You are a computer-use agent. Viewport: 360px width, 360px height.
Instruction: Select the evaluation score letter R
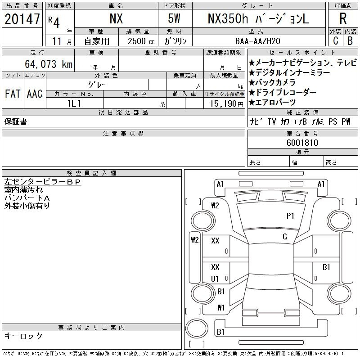(342, 19)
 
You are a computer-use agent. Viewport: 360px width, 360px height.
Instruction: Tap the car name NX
(116, 19)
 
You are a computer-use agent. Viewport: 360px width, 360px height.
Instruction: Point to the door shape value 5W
(175, 19)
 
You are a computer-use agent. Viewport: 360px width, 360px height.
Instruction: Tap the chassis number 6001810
(302, 143)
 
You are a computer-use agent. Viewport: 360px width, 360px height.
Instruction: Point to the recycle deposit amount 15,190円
(224, 103)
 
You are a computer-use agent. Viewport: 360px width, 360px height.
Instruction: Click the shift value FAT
(13, 94)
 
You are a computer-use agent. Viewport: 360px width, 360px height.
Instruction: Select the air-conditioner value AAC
(35, 94)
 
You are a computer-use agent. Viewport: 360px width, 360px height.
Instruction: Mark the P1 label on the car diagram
(290, 216)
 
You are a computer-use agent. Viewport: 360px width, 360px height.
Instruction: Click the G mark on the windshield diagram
(285, 237)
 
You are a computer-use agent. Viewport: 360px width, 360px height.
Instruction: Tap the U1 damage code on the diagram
(215, 279)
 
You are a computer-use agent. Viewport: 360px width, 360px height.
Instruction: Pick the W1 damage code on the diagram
(220, 308)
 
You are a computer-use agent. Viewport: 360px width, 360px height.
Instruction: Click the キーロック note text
(23, 336)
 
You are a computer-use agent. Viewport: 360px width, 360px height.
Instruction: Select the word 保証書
(16, 121)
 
